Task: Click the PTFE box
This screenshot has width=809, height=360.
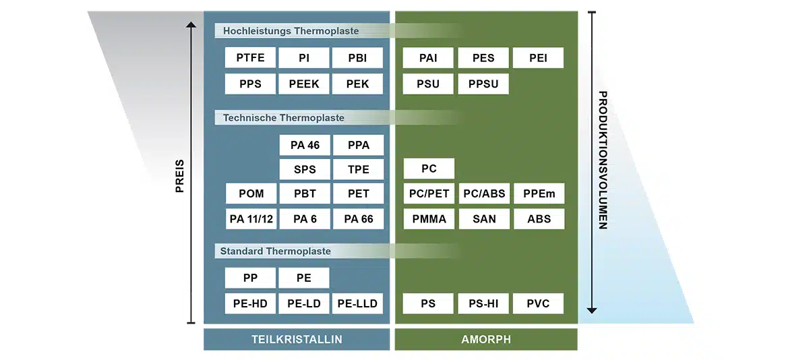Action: tap(250, 58)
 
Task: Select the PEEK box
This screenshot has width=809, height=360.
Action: tap(304, 84)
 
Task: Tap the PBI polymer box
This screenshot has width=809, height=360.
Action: tap(357, 58)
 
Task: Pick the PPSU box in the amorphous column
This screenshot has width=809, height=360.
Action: tap(483, 84)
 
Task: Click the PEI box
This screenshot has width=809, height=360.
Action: tap(538, 58)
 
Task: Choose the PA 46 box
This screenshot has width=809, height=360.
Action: tap(304, 145)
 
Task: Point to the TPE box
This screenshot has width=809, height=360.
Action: tap(357, 169)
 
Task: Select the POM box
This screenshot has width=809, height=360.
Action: tap(251, 194)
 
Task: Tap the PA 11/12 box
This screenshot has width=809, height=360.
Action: tap(251, 218)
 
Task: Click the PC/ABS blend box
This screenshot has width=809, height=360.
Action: tap(483, 194)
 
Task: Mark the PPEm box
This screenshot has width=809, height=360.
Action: tap(539, 194)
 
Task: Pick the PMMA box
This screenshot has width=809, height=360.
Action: tap(429, 218)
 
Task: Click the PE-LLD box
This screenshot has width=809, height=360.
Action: tap(357, 303)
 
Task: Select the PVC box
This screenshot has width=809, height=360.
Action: tap(538, 303)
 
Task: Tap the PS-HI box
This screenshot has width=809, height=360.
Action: tap(483, 303)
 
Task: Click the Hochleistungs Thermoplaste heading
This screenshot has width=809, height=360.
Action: tap(291, 31)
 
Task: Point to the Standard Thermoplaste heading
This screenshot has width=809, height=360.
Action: tap(276, 251)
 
